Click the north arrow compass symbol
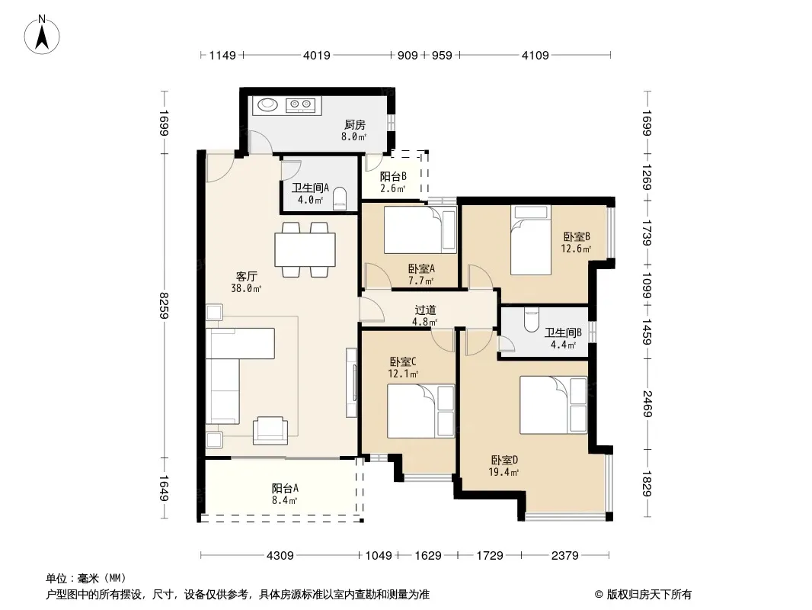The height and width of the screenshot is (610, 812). coord(42,35)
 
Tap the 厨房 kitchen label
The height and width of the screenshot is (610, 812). coord(355,124)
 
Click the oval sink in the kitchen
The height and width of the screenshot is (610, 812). coord(267,104)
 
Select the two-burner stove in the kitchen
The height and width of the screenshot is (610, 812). coord(300,105)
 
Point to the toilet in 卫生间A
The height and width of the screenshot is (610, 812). coord(339,198)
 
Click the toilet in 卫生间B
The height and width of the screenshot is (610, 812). coord(532,319)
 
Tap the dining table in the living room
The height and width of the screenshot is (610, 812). coord(305,250)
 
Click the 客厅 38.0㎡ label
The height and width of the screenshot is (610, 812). coord(246,282)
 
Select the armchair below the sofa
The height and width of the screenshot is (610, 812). coord(270,430)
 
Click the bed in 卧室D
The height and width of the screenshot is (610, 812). coord(554,406)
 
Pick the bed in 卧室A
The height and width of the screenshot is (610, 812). coord(420,230)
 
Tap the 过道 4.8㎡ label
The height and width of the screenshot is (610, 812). coord(425,316)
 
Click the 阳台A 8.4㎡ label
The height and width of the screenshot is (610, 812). coord(285,494)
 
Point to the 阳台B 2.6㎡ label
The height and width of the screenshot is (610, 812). coord(393,182)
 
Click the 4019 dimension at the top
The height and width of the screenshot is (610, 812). coord(316,55)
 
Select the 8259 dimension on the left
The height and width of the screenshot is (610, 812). coord(165,305)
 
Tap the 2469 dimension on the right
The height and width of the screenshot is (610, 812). coord(647,403)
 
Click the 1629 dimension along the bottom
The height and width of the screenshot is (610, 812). coord(428,556)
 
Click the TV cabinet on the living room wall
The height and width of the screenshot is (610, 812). coord(352,383)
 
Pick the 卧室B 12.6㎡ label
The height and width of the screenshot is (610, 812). coord(577,242)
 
